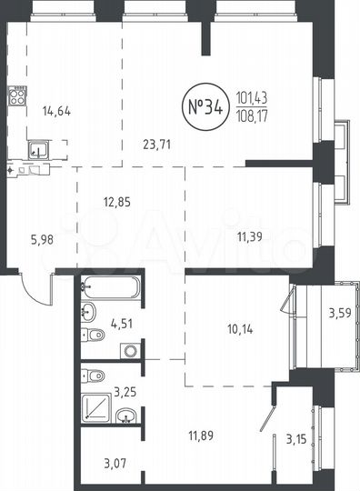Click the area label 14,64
coord(55,113)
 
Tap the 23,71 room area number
coord(159,141)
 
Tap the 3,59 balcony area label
coord(341,316)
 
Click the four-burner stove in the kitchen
coord(17,96)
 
